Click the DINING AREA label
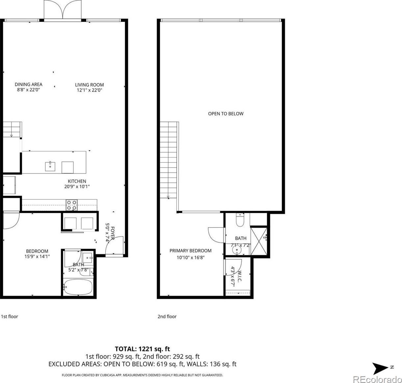(x=28, y=84)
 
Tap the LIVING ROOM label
(x=89, y=85)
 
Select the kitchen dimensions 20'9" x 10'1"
(x=77, y=186)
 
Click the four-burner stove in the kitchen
(x=72, y=205)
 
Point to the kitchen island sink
(x=50, y=166)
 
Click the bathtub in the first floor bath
(x=78, y=287)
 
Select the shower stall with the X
(x=259, y=241)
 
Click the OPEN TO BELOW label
(x=226, y=114)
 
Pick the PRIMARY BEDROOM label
(x=190, y=251)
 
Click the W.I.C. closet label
(x=240, y=276)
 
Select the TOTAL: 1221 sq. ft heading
(x=142, y=349)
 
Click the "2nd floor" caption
(x=167, y=316)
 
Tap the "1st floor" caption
(x=10, y=316)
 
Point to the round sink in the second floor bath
(x=237, y=250)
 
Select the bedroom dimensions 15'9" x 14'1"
(x=37, y=256)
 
